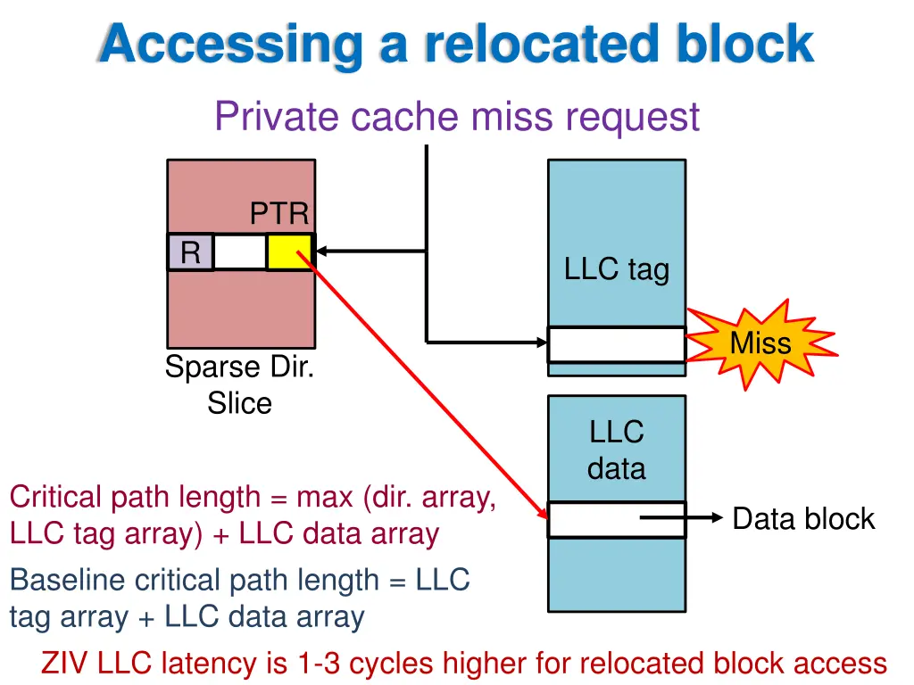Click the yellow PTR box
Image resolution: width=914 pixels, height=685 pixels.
(x=290, y=252)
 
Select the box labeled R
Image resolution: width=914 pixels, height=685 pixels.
(x=190, y=252)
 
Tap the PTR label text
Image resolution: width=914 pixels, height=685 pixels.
(x=279, y=214)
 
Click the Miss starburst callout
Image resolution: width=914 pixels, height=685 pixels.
(x=761, y=343)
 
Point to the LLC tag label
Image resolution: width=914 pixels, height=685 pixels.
(x=617, y=268)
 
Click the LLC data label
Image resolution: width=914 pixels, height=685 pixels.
(x=617, y=450)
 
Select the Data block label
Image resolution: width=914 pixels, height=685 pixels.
(x=803, y=518)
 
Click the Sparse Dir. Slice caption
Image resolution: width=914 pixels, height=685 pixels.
(x=239, y=385)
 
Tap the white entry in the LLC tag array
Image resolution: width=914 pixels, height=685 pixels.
(x=617, y=344)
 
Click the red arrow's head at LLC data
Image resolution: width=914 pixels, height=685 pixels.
(x=542, y=514)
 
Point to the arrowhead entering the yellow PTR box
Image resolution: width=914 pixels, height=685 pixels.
(x=322, y=252)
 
